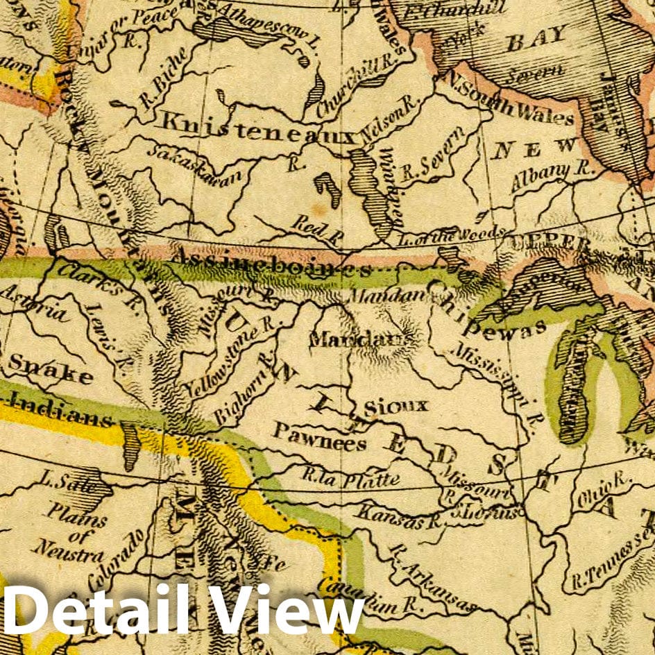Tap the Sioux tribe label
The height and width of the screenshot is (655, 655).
tap(396, 405)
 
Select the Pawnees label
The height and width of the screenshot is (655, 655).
tap(318, 435)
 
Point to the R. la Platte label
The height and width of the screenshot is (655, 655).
tap(350, 478)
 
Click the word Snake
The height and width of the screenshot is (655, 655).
tap(50, 371)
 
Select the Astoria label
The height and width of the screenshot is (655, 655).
tap(35, 306)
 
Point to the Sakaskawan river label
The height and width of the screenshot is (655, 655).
tap(198, 164)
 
